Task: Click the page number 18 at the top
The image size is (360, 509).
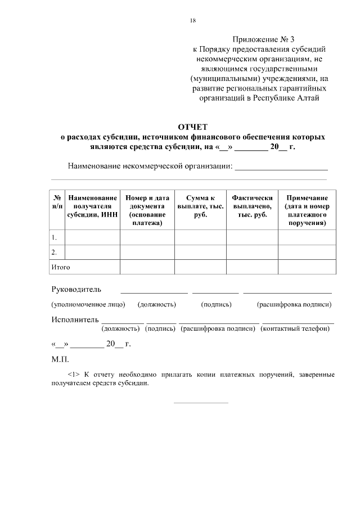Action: (x=193, y=21)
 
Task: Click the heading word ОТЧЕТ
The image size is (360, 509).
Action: (x=192, y=127)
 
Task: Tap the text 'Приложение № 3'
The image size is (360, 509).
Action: (x=264, y=39)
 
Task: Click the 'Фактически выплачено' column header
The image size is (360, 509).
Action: (x=252, y=206)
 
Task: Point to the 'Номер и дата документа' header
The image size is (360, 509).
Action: (x=147, y=210)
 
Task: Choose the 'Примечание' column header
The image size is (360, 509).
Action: (x=307, y=210)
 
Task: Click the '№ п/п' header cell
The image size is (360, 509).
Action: (x=57, y=202)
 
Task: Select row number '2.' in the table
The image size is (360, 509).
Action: (x=54, y=252)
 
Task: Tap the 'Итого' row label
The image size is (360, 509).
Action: (x=61, y=267)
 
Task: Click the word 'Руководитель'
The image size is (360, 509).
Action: (x=76, y=290)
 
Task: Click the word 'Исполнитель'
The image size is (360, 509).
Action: (x=75, y=320)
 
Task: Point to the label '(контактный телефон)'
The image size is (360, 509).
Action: (x=296, y=328)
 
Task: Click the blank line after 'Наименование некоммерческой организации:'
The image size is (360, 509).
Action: (x=281, y=167)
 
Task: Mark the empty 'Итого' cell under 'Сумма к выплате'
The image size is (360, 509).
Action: (x=200, y=267)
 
